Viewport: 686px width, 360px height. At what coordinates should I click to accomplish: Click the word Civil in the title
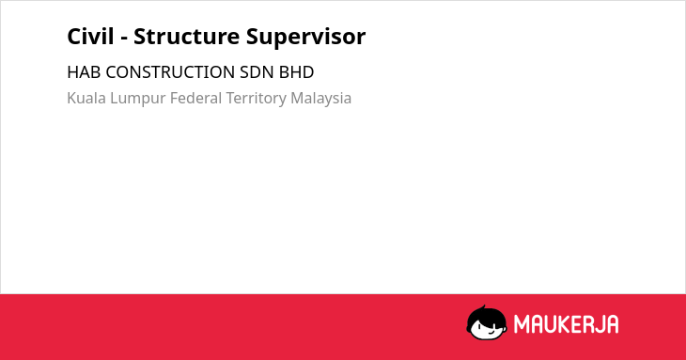tap(90, 36)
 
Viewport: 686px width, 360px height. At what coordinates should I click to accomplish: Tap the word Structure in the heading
tap(186, 36)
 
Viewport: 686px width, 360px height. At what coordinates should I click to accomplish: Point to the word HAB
tap(84, 72)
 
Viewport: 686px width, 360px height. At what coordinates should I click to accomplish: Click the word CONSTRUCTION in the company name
tap(170, 72)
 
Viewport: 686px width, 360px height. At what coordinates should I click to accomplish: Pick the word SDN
tap(257, 72)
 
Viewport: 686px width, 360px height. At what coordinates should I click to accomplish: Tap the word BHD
tap(296, 72)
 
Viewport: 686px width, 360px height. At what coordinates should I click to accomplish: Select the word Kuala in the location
tap(86, 98)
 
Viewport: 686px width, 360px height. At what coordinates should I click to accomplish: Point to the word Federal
tap(195, 98)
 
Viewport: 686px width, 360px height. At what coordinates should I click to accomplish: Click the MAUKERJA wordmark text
tap(566, 324)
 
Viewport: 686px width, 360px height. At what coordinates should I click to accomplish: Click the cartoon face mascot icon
tap(487, 322)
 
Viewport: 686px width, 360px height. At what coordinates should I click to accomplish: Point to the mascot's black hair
tap(486, 315)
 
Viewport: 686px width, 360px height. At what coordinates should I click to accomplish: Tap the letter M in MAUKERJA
tap(521, 324)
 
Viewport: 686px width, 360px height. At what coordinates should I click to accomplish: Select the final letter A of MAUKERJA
tap(612, 324)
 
